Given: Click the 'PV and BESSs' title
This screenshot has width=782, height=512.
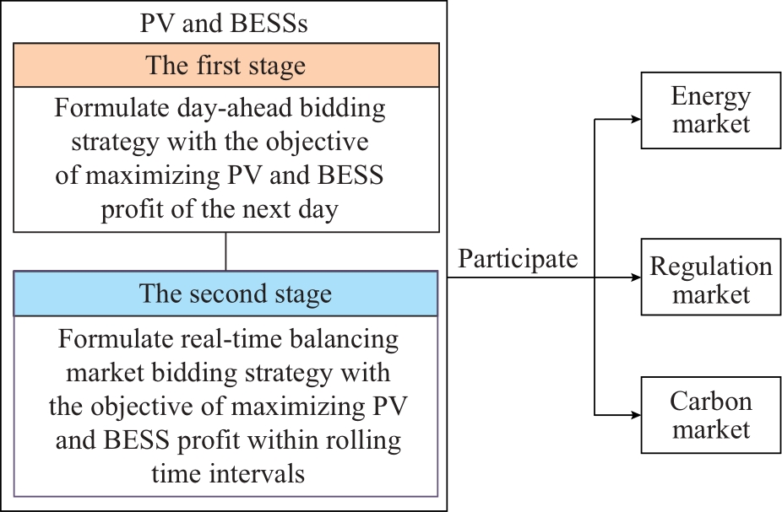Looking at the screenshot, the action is pos(224,23).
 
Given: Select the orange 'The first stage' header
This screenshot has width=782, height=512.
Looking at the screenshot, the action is pos(226,65).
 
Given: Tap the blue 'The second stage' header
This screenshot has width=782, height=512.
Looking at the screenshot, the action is pos(225,294).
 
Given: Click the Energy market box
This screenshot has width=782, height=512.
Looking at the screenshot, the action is pos(711,110).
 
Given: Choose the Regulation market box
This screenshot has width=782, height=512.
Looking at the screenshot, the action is pos(711,277).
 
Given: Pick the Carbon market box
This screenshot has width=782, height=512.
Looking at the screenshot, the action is pos(711,415).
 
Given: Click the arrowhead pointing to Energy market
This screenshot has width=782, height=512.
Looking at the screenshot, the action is pos(636,119).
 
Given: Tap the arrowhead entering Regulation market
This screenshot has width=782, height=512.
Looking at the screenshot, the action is pos(636,278).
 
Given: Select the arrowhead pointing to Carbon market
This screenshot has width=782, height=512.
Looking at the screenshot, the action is pos(636,415).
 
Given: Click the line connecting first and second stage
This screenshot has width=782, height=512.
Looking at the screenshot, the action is pos(226,251).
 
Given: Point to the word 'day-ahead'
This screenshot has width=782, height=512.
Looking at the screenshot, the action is pos(258,109).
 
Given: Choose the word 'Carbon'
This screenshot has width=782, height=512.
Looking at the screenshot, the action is pos(711,401).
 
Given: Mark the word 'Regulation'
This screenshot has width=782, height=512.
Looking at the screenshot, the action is pos(711,267).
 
